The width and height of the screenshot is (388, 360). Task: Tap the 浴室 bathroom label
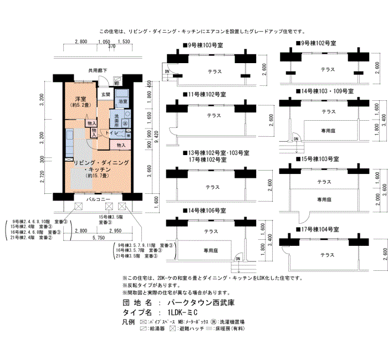pyautogui.click(x=123, y=102)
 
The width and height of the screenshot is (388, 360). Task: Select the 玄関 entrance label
pyautogui.click(x=105, y=95)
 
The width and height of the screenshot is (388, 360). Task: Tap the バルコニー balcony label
pyautogui.click(x=99, y=199)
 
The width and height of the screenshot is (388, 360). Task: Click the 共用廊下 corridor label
pyautogui.click(x=98, y=70)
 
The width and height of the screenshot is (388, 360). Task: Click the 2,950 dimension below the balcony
pyautogui.click(x=115, y=230)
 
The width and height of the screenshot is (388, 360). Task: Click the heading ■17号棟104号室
pyautogui.click(x=316, y=229)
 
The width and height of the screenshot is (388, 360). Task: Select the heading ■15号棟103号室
pyautogui.click(x=316, y=159)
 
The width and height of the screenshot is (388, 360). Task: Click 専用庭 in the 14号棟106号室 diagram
pyautogui.click(x=211, y=250)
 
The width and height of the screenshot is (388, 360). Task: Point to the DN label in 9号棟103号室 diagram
pyautogui.click(x=166, y=71)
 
